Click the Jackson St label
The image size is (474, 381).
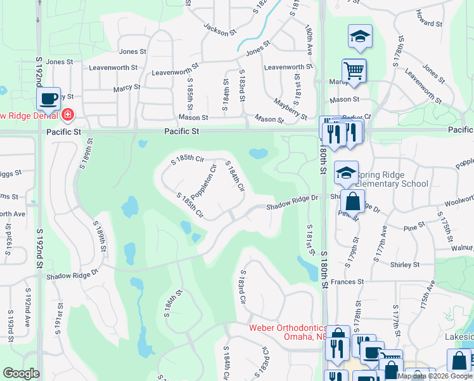(220, 28)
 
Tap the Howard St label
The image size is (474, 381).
(429, 23)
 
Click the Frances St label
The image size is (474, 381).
(347, 281)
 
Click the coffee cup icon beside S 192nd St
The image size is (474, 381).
(48, 98)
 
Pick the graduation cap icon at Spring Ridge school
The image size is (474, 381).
(346, 172)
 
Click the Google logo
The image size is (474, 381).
(21, 373)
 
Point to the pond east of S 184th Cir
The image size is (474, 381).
(258, 153)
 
